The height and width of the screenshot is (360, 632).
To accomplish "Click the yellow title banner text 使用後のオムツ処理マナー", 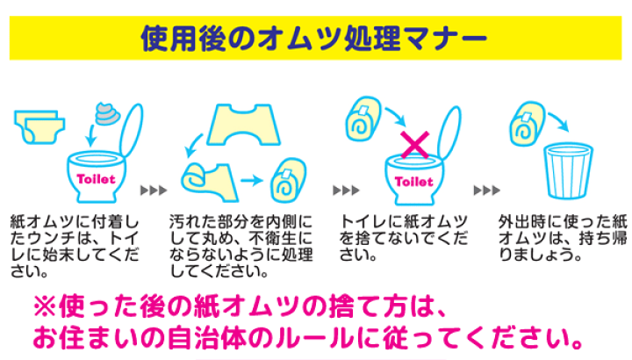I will (314, 38).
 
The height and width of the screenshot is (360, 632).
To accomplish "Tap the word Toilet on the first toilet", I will (96, 178).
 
